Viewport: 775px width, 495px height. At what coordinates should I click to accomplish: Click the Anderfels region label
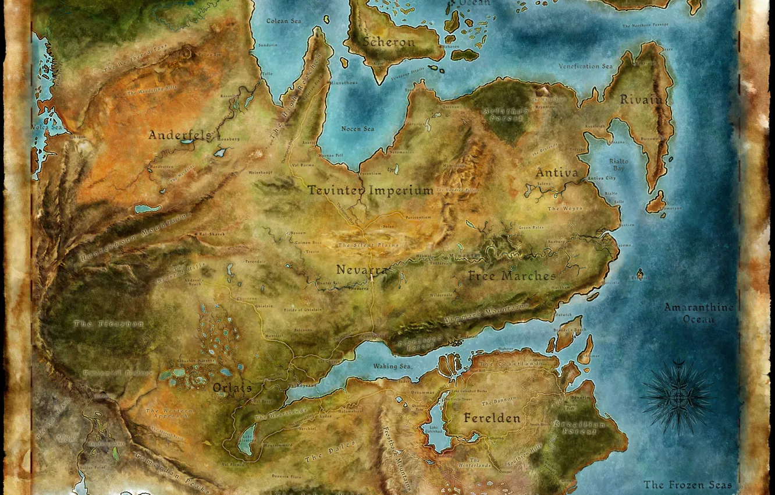[179, 135]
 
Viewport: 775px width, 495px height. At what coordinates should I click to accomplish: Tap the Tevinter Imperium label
[370, 190]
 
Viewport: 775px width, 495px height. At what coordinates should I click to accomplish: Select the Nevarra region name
[362, 270]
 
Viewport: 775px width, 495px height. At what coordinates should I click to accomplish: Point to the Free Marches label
[512, 275]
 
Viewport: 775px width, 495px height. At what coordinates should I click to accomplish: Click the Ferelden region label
[492, 418]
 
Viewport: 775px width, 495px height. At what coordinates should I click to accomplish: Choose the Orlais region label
[232, 388]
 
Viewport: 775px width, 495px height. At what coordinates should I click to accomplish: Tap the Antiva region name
[557, 172]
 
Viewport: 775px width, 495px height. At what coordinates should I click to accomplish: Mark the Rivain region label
[641, 100]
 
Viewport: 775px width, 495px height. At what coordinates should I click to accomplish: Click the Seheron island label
[389, 42]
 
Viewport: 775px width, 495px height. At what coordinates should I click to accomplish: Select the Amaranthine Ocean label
[699, 313]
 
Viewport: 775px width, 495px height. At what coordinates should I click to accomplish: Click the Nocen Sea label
[358, 129]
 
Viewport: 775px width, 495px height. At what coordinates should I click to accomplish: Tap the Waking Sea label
[392, 366]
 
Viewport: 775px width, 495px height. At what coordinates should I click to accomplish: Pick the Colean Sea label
[283, 21]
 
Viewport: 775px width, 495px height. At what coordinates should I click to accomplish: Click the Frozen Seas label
[687, 485]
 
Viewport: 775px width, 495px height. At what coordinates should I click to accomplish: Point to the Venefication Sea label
[585, 66]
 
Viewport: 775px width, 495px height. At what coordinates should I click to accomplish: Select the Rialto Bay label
[618, 164]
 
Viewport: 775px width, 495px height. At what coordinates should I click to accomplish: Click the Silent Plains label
[368, 245]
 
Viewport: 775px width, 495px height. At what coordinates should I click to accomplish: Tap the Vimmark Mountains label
[486, 314]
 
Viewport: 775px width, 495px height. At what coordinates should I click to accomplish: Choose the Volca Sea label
[47, 127]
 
